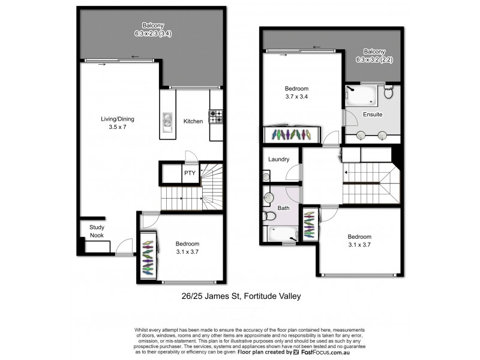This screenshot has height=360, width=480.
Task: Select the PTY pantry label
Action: click(190, 173)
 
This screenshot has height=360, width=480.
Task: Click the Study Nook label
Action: click(97, 232)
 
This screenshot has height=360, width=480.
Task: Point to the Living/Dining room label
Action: click(117, 123)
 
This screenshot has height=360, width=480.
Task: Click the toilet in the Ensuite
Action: click(388, 92)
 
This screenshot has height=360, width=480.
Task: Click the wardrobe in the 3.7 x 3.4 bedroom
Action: click(294, 134)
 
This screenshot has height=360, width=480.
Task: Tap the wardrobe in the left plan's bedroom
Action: click(148, 254)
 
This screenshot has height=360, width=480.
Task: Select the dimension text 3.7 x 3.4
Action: click(296, 97)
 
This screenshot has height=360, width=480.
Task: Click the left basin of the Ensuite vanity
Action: click(361, 136)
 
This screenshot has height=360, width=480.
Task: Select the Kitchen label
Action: click(193, 121)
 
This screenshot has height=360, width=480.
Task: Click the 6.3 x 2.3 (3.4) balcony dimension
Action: click(150, 34)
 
